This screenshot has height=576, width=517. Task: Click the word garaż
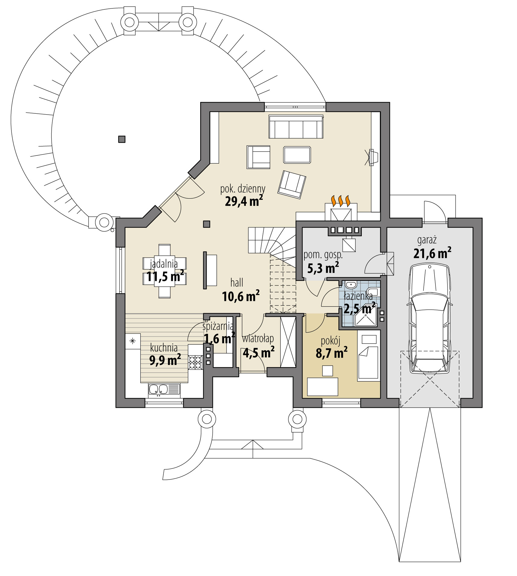coord(427,240)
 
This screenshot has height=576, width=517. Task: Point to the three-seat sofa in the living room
coord(296,126)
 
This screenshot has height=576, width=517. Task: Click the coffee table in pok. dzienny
coord(297,155)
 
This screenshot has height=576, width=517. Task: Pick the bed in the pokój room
coord(368,357)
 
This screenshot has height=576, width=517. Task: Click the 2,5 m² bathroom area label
coord(359,309)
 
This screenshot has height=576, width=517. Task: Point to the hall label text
coord(237,283)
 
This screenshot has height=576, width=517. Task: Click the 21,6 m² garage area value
coord(432,253)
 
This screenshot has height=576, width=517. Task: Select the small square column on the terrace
coord(122,139)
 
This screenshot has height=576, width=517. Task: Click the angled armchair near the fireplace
coord(292,184)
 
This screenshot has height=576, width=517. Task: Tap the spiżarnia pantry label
coord(218,326)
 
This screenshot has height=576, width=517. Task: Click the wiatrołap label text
coord(258,339)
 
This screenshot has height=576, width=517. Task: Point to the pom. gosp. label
coord(323,255)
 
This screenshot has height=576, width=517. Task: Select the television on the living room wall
coord(372,157)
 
